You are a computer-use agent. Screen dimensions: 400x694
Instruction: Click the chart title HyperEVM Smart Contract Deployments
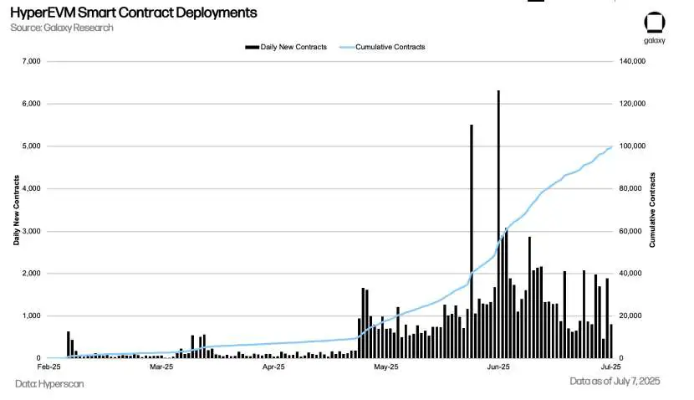(133, 13)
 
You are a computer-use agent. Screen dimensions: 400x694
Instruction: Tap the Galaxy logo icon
(654, 23)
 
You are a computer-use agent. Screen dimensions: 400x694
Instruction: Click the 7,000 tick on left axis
(30, 61)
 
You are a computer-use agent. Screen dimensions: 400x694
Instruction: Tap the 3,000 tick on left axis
(30, 231)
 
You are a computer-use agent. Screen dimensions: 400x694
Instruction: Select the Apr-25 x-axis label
(273, 367)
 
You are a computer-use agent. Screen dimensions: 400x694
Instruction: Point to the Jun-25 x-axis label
(498, 367)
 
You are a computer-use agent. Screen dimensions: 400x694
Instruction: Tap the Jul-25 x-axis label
(611, 367)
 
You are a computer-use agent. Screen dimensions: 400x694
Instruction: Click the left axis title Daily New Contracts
(16, 209)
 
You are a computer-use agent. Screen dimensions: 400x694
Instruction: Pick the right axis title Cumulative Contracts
(652, 209)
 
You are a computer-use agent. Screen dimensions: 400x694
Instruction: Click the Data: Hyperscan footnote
(49, 384)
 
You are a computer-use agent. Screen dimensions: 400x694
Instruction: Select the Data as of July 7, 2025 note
(615, 382)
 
